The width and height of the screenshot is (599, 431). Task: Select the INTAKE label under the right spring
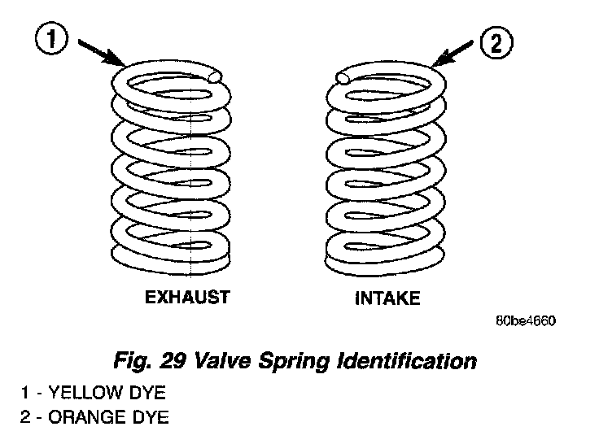click(x=387, y=298)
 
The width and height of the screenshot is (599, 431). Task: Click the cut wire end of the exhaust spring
click(x=215, y=77)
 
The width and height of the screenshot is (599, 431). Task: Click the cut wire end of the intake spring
click(x=342, y=78)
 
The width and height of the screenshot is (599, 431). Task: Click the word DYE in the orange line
click(x=152, y=418)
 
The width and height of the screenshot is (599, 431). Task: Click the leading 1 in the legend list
click(x=25, y=394)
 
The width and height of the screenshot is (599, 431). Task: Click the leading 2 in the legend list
click(x=25, y=418)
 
